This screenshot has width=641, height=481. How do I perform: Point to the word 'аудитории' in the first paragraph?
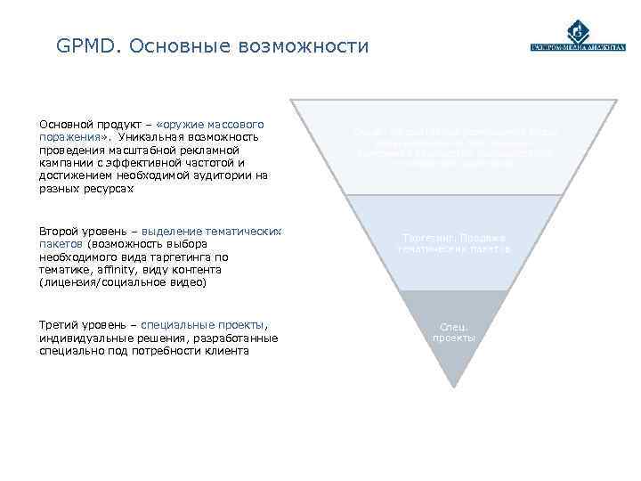[219, 175]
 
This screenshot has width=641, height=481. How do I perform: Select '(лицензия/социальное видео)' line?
[123, 282]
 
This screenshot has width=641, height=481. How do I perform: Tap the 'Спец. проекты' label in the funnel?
[454, 332]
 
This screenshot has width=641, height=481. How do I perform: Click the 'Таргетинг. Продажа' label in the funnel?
[454, 239]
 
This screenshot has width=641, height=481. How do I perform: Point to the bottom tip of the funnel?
[455, 385]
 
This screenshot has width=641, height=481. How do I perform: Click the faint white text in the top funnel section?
[454, 148]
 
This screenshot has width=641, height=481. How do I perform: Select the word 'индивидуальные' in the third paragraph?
[84, 338]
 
